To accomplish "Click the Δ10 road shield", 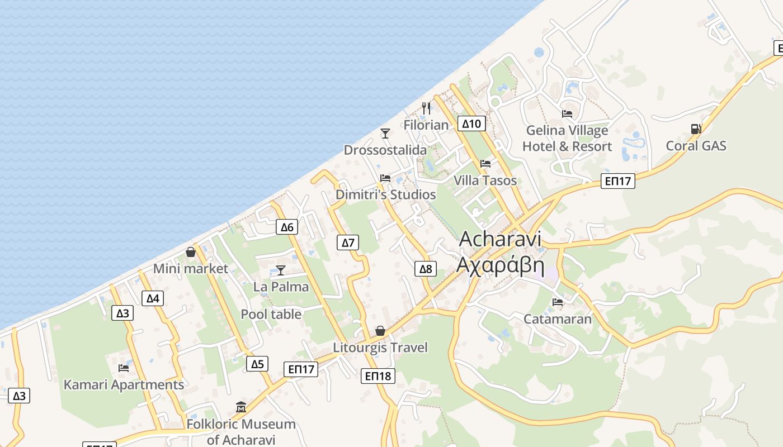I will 471,123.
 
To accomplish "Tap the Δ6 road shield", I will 286,227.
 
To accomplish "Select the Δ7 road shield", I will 348,242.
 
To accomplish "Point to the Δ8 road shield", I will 426,269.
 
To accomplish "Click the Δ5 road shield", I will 257,364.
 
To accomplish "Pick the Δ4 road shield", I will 153,298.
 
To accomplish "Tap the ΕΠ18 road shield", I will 378,376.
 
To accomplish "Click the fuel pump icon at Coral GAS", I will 696,129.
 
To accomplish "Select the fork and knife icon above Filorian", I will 426,108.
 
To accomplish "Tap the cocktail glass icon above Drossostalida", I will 385,133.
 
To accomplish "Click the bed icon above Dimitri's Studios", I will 385,178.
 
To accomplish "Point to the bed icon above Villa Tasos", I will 485,164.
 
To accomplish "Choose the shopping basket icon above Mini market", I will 191,252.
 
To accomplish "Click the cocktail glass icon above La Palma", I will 281,270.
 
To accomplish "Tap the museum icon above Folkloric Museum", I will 241,407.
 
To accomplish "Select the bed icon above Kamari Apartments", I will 124,368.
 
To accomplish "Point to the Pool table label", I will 271,314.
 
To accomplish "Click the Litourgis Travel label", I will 380,348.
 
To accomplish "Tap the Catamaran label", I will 557,319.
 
